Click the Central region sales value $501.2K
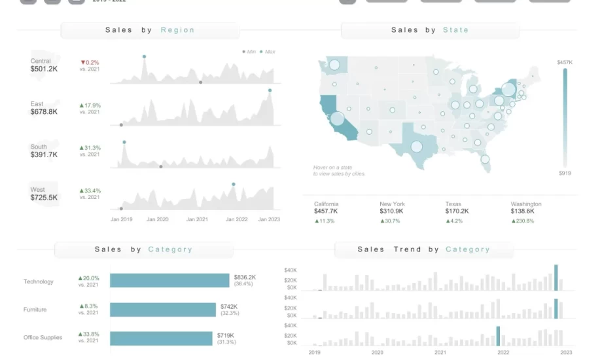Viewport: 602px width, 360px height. pos(44,69)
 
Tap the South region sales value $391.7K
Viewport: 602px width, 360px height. pos(44,155)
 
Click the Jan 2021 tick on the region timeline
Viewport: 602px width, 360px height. pos(197,219)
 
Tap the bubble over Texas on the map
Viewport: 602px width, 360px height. pos(416,146)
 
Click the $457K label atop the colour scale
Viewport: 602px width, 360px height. pos(564,62)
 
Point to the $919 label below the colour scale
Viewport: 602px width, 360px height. pos(565,173)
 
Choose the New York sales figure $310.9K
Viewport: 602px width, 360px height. pos(393,211)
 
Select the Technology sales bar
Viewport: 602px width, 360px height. pos(169,280)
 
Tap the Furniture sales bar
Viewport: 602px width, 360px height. pos(163,310)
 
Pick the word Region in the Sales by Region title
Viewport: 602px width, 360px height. pos(177,30)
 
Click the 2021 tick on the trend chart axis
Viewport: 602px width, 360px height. pos(440,352)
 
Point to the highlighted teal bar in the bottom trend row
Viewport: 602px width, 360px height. pos(498,336)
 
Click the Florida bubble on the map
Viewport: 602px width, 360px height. pos(485,159)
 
